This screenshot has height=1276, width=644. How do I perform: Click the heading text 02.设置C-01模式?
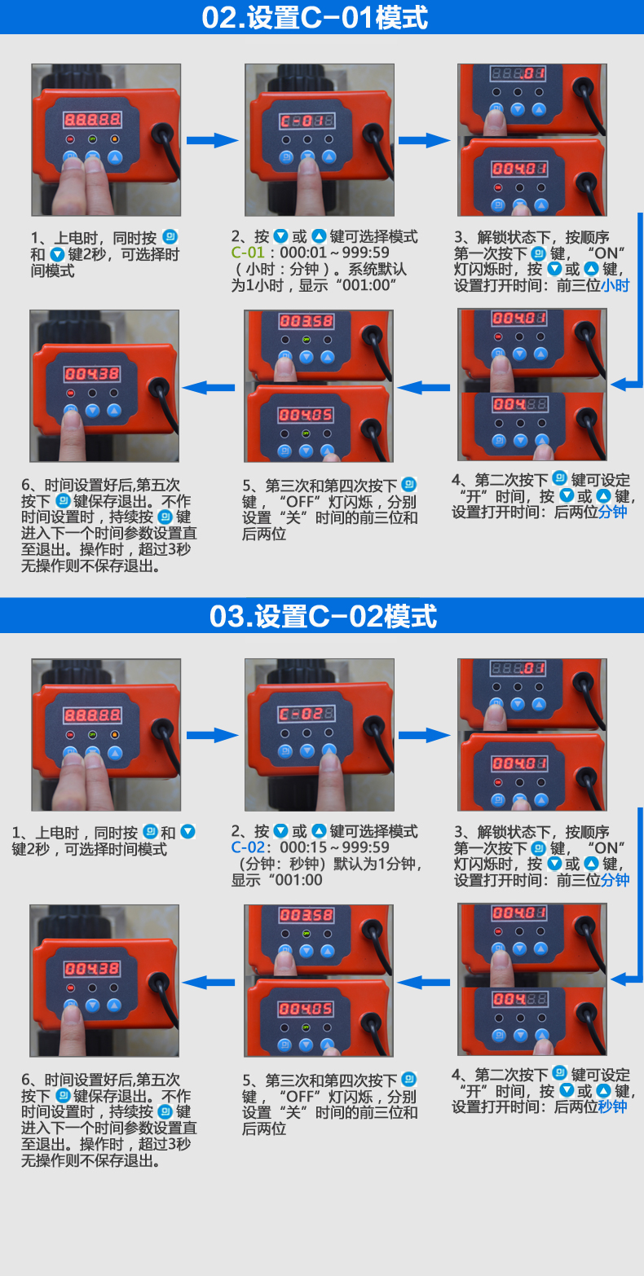315,17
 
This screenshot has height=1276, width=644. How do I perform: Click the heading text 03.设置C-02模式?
323,616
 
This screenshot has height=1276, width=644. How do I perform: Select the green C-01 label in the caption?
248,253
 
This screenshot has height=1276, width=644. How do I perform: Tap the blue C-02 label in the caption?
248,847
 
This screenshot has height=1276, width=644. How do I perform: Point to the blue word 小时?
615,285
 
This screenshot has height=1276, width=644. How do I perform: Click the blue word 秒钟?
612,1107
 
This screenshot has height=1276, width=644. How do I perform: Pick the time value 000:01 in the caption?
302,253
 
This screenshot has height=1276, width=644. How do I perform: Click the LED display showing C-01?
307,121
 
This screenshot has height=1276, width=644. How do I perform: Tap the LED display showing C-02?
307,715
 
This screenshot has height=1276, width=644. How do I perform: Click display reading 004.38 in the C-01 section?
92,374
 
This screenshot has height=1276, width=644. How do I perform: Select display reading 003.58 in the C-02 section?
306,915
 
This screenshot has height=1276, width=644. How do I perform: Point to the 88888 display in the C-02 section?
92,715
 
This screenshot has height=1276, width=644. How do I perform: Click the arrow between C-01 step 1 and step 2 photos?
212,140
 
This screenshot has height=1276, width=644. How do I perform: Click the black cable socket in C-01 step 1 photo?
163,134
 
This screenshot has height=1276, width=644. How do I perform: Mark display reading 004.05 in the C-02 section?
306,1009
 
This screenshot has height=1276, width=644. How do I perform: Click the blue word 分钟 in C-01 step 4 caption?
612,512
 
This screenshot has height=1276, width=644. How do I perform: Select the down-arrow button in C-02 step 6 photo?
92,1005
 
